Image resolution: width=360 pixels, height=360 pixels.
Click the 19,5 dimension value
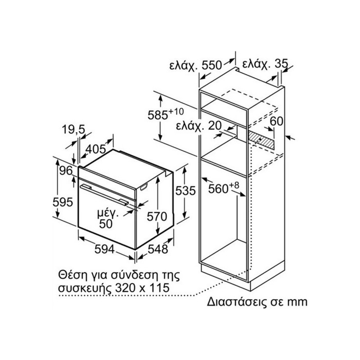click(73, 130)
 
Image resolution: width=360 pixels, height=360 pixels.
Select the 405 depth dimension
click(95, 149)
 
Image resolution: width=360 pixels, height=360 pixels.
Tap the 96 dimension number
click(66, 171)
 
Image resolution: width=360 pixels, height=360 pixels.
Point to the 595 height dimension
click(63, 202)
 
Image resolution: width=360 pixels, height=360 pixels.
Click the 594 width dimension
click(104, 249)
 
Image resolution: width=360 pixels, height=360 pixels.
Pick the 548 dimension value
click(158, 249)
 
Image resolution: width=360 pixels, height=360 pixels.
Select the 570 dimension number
click(157, 216)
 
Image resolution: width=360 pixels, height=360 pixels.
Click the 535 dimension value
click(185, 190)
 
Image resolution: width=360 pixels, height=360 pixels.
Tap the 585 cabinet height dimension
click(166, 114)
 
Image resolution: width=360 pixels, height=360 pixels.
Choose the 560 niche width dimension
click(224, 188)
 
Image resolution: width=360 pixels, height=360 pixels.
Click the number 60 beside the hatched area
click(276, 121)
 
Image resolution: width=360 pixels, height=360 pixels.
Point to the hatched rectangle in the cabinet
click(261, 139)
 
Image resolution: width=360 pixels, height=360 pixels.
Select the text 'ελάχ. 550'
click(196, 65)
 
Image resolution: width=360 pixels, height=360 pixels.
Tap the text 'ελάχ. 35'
click(265, 64)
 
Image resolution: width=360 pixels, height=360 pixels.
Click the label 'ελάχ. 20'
click(199, 126)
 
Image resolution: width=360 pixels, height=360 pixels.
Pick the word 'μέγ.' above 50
click(108, 214)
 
